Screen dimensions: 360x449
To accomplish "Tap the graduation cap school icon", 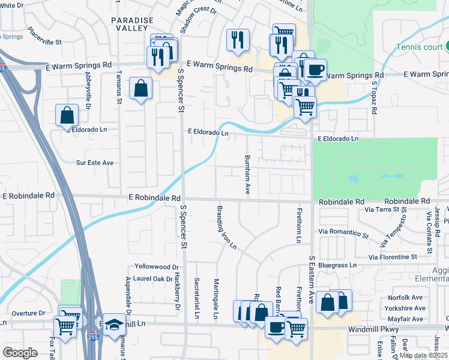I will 114,325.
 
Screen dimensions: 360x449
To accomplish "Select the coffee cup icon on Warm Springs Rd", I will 315,70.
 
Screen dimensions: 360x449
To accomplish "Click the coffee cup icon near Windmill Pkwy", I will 276,328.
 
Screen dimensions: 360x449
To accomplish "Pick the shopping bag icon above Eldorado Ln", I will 67,115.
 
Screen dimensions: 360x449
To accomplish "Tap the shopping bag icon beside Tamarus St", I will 140,89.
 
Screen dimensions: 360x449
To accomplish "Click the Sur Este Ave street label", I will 94,163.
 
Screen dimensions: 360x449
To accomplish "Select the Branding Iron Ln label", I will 226,227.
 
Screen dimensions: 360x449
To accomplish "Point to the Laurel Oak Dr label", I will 154,278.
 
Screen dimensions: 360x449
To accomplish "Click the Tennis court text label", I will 420,47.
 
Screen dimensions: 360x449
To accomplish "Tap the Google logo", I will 20,353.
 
